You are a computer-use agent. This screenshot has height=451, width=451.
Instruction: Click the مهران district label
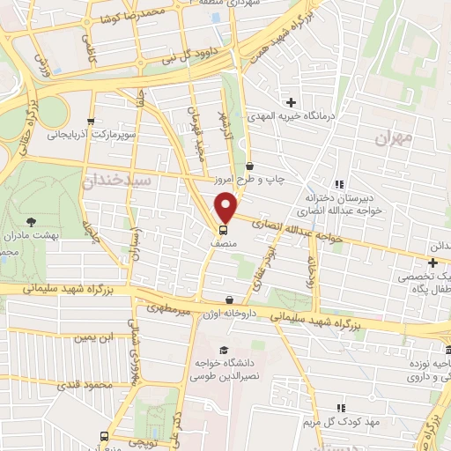(392, 137)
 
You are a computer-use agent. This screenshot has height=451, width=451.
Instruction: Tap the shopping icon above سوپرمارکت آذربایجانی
(91, 122)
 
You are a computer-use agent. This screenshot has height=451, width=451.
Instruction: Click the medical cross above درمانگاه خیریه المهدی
(291, 103)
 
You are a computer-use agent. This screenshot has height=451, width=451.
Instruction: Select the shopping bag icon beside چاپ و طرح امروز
(250, 165)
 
